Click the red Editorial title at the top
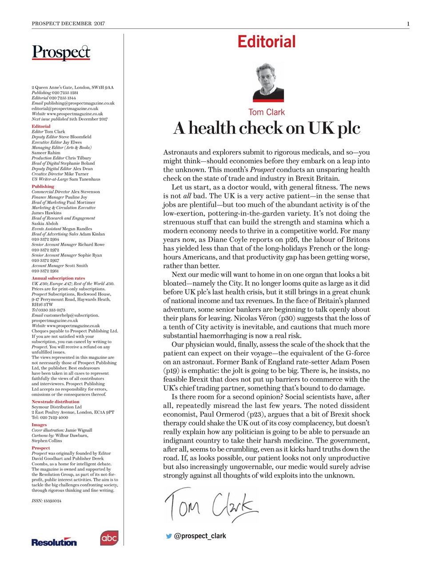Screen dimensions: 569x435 (x=266, y=42)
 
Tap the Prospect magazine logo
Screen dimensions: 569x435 (x=61, y=52)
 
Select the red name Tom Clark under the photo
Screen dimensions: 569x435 (x=266, y=112)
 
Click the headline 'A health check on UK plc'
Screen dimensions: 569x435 (x=266, y=128)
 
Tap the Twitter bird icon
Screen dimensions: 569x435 (x=169, y=536)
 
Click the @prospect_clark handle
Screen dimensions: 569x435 (x=200, y=536)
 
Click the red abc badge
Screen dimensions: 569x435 (x=109, y=538)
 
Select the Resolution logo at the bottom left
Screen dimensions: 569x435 (x=54, y=542)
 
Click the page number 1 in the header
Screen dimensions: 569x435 (x=407, y=24)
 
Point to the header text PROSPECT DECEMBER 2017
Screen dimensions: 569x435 (x=68, y=24)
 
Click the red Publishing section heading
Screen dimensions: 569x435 (x=43, y=187)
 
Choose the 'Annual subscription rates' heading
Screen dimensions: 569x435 (x=58, y=278)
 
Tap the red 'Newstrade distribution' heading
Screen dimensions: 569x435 (x=56, y=402)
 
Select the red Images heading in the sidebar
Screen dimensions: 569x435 (x=39, y=425)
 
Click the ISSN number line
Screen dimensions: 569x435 (x=46, y=501)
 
